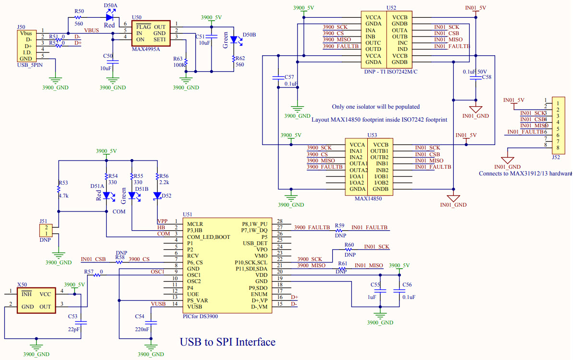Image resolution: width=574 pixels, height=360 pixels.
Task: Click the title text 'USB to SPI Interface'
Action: pyautogui.click(x=227, y=342)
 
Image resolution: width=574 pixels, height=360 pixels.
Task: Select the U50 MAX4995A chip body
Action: pyautogui.click(x=150, y=33)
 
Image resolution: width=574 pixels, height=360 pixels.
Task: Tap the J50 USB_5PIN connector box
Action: pyautogui.click(x=26, y=46)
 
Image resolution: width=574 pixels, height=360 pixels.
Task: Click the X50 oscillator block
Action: pyautogui.click(x=39, y=300)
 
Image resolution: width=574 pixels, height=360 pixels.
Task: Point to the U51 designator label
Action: pyautogui.click(x=187, y=214)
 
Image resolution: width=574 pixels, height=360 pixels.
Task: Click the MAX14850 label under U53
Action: pyautogui.click(x=368, y=198)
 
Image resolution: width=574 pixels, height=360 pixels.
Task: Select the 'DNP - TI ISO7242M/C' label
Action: pyautogui.click(x=391, y=71)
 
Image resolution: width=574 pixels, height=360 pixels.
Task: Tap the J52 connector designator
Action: pyautogui.click(x=556, y=157)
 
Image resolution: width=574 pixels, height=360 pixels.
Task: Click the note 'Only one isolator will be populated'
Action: pyautogui.click(x=375, y=107)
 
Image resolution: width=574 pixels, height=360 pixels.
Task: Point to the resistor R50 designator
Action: pyautogui.click(x=79, y=11)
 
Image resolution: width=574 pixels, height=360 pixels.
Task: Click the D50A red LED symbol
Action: pyautogui.click(x=109, y=18)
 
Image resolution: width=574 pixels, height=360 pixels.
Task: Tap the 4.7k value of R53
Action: pyautogui.click(x=63, y=196)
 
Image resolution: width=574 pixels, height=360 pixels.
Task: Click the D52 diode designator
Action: pyautogui.click(x=166, y=196)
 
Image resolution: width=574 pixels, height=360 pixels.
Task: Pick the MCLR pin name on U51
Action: pyautogui.click(x=195, y=224)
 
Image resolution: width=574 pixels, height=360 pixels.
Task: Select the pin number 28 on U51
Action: pyautogui.click(x=280, y=221)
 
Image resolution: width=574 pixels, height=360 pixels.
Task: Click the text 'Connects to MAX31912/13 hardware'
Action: pyautogui.click(x=525, y=174)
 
